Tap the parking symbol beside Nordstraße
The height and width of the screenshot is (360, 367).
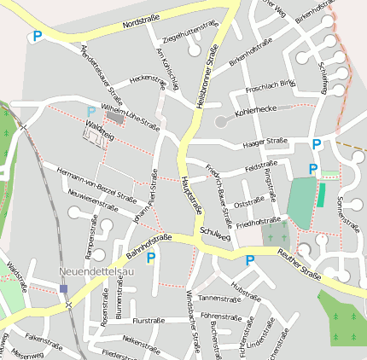(37, 36)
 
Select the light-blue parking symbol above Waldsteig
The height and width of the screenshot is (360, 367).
(91, 111)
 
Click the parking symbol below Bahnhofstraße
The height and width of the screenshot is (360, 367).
(151, 257)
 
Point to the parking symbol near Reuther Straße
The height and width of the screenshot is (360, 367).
(250, 260)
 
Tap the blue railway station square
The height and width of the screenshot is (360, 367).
(63, 289)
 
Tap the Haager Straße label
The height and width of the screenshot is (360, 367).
(265, 142)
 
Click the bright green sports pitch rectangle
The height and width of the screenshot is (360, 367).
(322, 194)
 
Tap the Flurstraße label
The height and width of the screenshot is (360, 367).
(149, 320)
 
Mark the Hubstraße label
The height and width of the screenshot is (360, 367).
(246, 292)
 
